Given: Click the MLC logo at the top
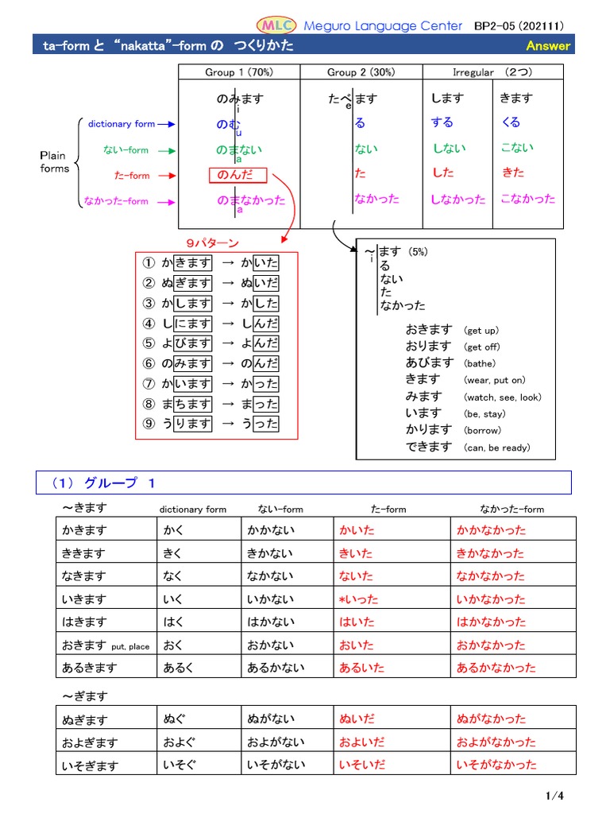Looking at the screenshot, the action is tap(276, 25).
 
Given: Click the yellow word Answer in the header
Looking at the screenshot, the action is tap(548, 45).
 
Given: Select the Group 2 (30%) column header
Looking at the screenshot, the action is tap(361, 72).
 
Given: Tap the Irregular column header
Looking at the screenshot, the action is tap(485, 72).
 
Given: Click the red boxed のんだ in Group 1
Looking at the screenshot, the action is tap(238, 175).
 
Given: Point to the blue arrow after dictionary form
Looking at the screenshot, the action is tap(167, 124).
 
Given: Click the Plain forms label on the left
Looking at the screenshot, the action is tap(55, 162).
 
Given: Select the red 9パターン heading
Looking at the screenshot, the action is tap(211, 242).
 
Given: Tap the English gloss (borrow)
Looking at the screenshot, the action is tap(484, 431).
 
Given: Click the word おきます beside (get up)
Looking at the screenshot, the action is tap(428, 329).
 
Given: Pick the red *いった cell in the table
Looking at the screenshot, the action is tap(358, 599).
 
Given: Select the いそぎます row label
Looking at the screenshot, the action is tap(90, 766).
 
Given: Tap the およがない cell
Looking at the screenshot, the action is tap(275, 742).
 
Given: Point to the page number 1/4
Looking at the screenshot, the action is tap(554, 796).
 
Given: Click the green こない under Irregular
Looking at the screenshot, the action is tap(517, 148).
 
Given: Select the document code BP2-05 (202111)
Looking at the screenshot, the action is tap(524, 25).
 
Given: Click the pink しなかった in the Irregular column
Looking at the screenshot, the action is tap(457, 200).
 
